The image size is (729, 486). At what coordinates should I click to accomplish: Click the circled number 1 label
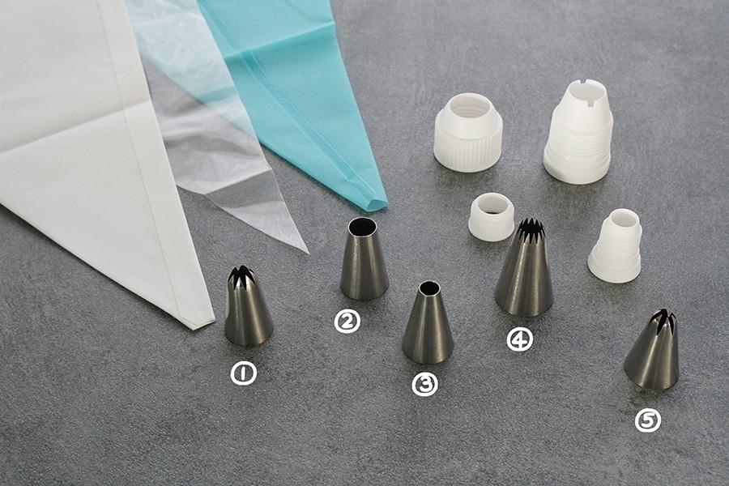click(244, 373)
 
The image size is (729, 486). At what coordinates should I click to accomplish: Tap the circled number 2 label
click(347, 322)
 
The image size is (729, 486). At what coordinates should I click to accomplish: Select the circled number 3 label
click(425, 384)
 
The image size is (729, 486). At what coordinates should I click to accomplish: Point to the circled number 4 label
click(519, 339)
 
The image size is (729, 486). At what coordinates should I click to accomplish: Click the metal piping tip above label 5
click(652, 350)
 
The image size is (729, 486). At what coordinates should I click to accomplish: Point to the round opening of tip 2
click(362, 227)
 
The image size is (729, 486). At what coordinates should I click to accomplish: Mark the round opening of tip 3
click(428, 288)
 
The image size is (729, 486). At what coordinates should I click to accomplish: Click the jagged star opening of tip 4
click(530, 228)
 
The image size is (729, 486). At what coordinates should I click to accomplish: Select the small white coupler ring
click(491, 217)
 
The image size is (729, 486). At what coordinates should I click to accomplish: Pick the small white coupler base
click(615, 246)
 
